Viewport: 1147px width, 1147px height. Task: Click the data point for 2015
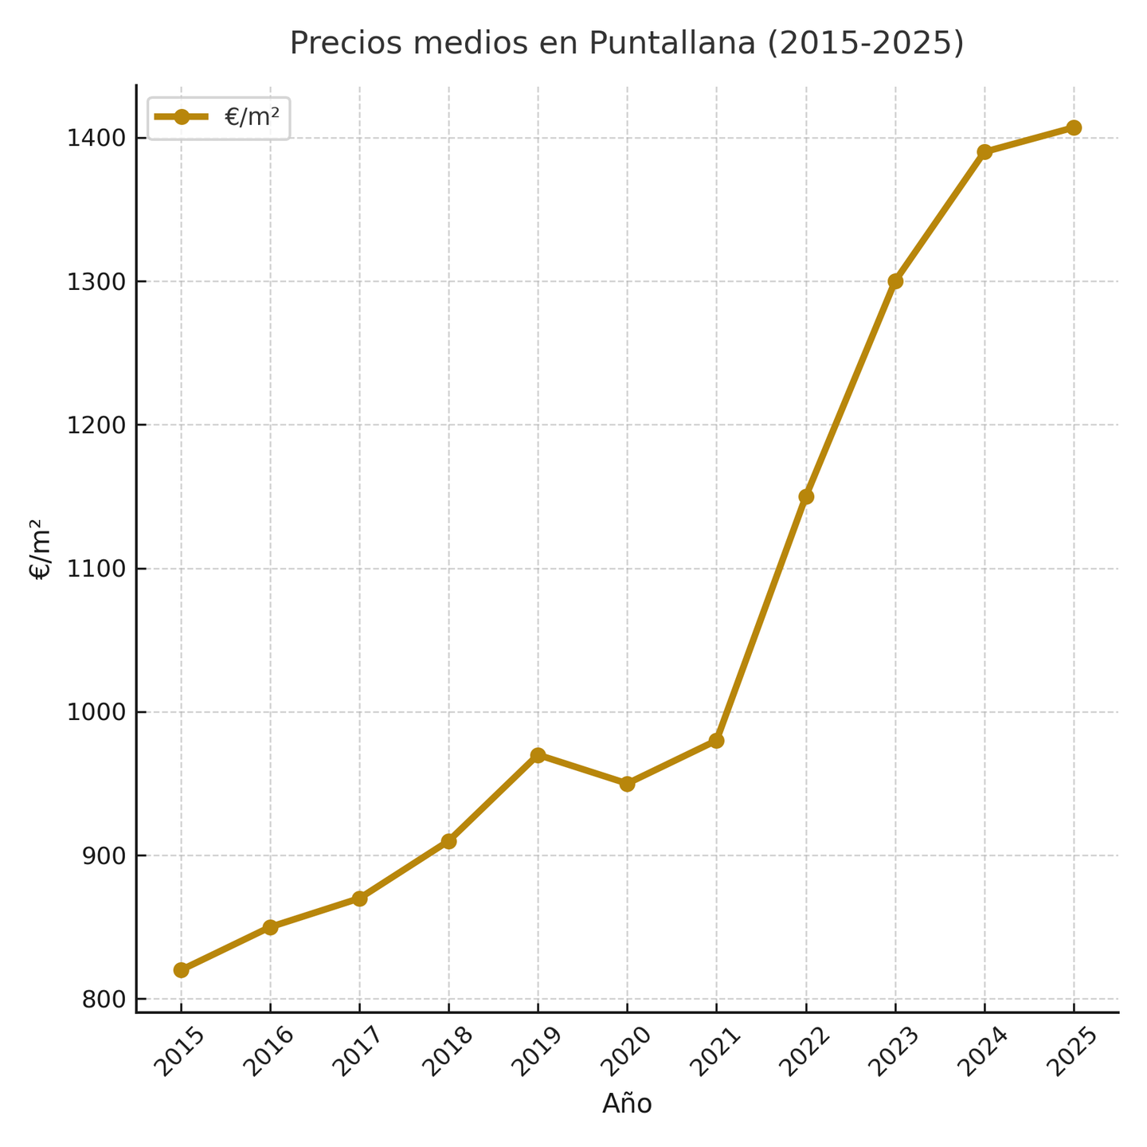coord(181,970)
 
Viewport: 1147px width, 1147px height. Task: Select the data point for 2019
coord(538,755)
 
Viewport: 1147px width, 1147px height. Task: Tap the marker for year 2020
coord(627,784)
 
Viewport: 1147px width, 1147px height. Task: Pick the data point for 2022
coord(806,496)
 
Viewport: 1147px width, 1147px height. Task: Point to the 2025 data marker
coord(1074,127)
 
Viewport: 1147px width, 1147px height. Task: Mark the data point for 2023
coord(895,281)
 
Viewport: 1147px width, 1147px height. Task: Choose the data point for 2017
coord(359,898)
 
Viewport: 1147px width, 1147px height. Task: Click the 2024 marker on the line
coord(985,152)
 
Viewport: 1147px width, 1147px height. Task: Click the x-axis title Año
coord(627,1103)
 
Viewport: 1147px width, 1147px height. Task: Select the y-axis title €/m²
coord(41,549)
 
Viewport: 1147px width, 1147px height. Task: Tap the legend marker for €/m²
coord(182,117)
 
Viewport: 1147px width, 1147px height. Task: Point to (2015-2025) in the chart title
coord(865,43)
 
